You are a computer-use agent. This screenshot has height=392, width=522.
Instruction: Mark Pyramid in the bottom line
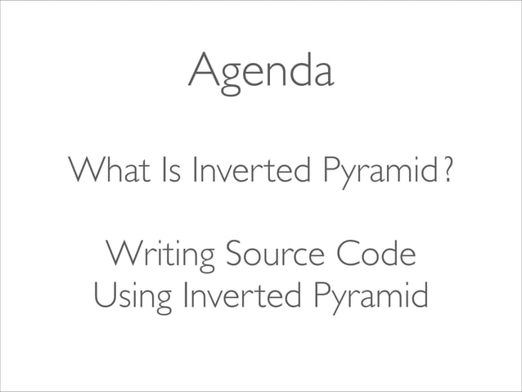[369, 298]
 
